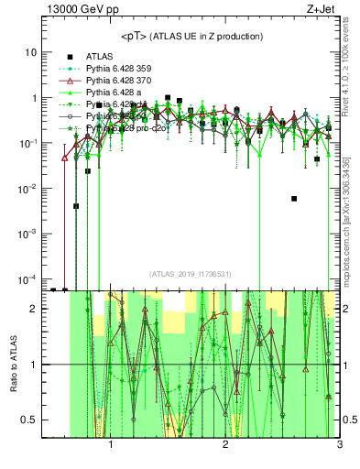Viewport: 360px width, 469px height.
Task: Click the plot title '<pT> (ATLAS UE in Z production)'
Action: pyautogui.click(x=191, y=37)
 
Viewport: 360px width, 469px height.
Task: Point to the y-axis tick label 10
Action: pyautogui.click(x=31, y=52)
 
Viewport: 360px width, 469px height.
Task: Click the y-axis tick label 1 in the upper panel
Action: pyautogui.click(x=34, y=98)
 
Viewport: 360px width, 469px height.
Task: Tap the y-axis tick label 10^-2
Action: pyautogui.click(x=28, y=189)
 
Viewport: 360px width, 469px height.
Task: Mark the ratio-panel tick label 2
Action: pyautogui.click(x=34, y=309)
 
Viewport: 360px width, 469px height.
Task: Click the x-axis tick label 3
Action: pyautogui.click(x=339, y=446)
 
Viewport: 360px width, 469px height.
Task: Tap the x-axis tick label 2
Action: pyautogui.click(x=225, y=446)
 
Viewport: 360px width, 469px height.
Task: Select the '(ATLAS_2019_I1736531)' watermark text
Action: pyautogui.click(x=191, y=274)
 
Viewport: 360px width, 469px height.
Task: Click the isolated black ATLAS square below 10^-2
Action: pyautogui.click(x=294, y=198)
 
